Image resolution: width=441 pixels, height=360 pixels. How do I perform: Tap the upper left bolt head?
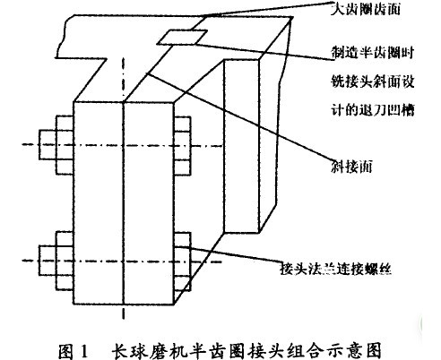coord(65,143)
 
